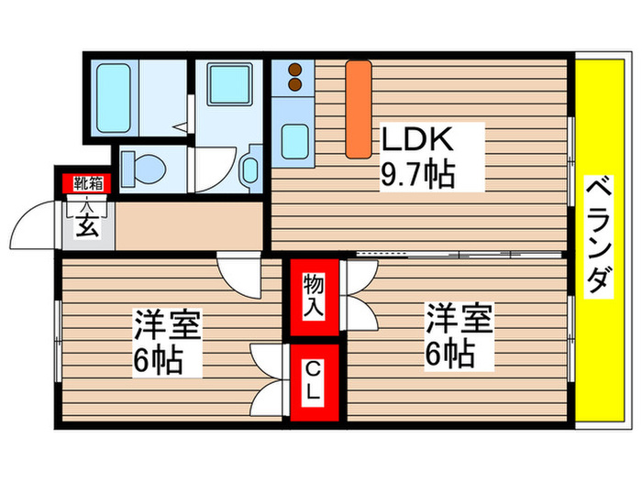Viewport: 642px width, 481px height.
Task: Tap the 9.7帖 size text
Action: [417, 173]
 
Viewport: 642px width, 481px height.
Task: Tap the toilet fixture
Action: [144, 168]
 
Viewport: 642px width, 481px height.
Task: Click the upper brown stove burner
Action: [295, 68]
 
